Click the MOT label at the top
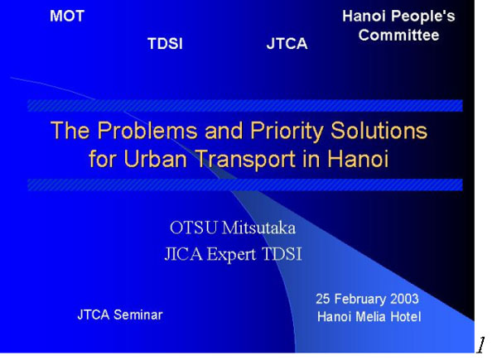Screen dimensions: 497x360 point(67,16)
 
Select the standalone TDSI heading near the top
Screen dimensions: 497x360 point(165,43)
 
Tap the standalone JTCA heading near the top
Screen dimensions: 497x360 point(287,43)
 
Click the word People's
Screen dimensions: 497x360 point(422,16)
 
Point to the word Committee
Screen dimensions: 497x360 point(398,35)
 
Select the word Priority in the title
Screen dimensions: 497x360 point(287,131)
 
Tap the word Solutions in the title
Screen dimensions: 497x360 point(379,130)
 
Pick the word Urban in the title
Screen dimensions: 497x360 point(155,158)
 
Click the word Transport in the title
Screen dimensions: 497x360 point(246,159)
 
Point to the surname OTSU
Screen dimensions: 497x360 point(194,228)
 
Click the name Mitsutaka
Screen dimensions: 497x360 point(258,228)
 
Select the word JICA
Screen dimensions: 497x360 point(183,253)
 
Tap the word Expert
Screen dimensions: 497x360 point(231,255)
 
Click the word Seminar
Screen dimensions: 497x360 point(138,314)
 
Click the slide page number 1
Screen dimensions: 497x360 point(480,345)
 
